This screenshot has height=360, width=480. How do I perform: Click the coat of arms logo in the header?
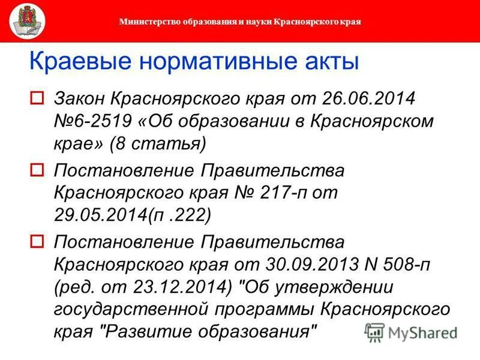click(25, 21)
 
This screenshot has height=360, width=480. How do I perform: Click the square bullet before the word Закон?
click(37, 97)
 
